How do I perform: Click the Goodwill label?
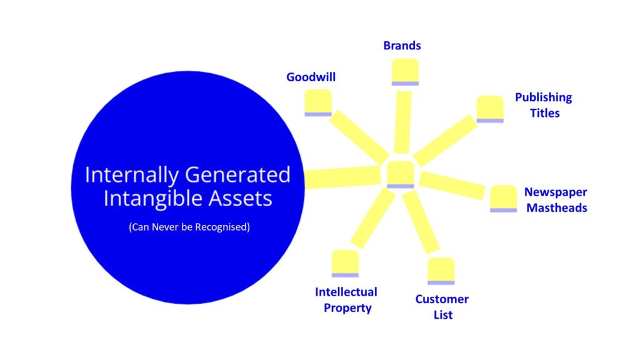click(311, 77)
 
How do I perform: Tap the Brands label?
click(402, 45)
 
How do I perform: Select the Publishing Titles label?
click(544, 105)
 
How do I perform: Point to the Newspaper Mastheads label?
click(556, 199)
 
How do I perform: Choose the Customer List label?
click(442, 307)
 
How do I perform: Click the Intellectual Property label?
click(346, 300)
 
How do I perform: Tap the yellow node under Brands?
click(405, 72)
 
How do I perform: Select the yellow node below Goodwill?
click(318, 103)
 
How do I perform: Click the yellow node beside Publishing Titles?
click(490, 109)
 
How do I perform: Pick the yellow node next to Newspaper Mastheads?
click(503, 199)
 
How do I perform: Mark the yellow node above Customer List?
click(441, 271)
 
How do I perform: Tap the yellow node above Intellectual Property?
click(345, 264)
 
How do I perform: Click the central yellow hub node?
click(401, 175)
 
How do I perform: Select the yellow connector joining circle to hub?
click(343, 177)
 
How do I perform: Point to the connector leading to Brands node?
click(403, 122)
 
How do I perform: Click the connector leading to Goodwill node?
click(359, 137)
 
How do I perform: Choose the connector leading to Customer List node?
click(421, 222)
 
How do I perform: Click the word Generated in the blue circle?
click(237, 175)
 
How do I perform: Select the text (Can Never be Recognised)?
click(189, 227)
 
